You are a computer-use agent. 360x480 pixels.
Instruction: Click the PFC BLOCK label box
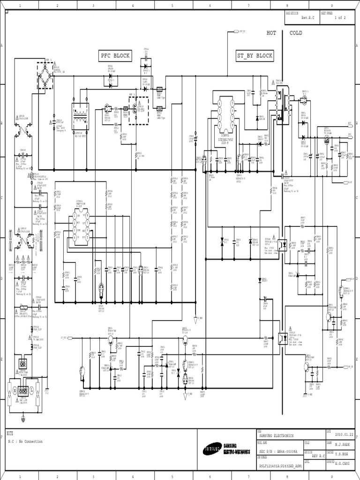click(x=114, y=56)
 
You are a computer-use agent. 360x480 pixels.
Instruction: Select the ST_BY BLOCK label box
click(x=255, y=56)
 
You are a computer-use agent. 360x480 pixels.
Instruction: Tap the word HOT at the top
click(x=271, y=33)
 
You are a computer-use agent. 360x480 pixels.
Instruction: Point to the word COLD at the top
click(x=296, y=33)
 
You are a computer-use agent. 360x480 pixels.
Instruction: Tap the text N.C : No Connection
click(x=25, y=441)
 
